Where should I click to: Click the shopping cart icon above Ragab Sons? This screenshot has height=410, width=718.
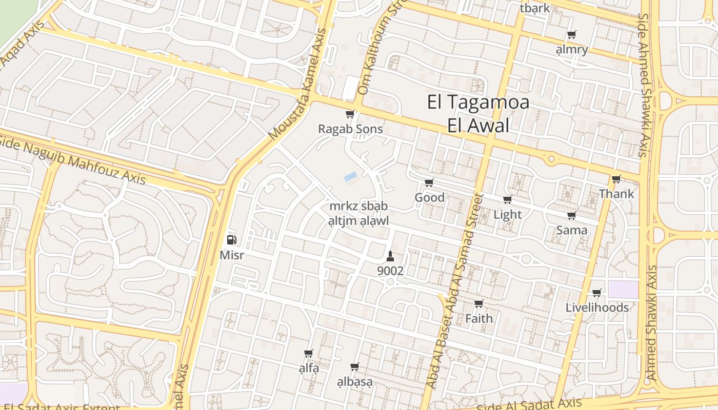350,114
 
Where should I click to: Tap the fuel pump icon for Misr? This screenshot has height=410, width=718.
231,239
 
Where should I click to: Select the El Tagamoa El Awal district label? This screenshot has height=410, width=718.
478,113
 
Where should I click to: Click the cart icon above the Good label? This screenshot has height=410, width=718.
429,183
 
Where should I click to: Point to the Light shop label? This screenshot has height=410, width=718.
507,214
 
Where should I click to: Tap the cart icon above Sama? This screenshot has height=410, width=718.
571,216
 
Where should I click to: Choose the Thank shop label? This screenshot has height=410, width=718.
616,194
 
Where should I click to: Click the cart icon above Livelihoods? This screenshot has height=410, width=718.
596,293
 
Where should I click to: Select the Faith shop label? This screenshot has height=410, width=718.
478,318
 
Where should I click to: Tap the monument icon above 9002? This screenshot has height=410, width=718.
390,256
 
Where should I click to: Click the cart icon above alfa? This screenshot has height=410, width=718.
308,354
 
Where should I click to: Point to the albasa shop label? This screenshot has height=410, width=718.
354,382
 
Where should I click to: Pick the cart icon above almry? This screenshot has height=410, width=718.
571,35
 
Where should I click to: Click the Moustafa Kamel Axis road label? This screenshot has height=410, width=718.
297,85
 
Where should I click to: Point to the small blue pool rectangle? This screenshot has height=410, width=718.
351,177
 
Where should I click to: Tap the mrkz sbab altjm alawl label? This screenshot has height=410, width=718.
358,214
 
